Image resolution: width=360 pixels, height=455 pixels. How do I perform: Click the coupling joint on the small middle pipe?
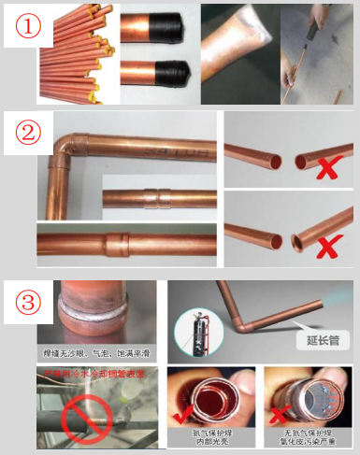pos(154,198)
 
